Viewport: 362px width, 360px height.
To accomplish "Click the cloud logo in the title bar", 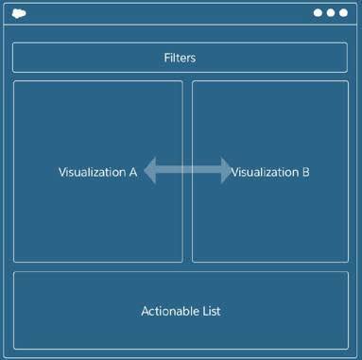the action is pos(20,13).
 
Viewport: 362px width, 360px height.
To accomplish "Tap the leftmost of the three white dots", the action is pos(319,13).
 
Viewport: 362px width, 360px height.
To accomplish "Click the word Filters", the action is pos(180,58).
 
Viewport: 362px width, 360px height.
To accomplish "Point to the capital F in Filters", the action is pos(166,58).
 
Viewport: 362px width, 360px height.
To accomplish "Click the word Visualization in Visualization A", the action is pos(92,172).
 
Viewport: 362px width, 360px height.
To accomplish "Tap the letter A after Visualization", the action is pos(133,172).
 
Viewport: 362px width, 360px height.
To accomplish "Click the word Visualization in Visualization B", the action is pos(265,172).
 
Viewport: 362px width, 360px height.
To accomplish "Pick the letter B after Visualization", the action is pos(305,172).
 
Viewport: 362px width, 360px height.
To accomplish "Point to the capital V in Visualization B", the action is pos(234,172).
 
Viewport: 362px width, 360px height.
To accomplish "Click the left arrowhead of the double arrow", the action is pos(149,171).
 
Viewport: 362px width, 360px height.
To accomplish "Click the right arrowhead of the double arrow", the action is pos(224,171).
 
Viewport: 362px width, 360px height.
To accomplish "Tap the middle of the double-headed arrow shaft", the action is pos(187,171).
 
